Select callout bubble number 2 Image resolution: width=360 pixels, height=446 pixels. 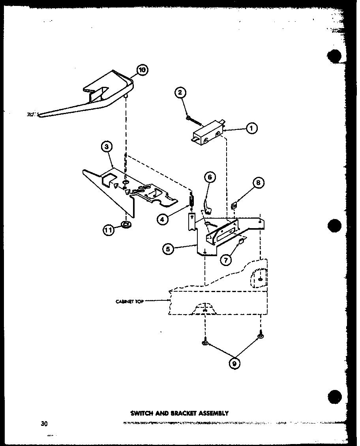click(180, 93)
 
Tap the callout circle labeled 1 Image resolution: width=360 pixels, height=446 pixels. click(251, 127)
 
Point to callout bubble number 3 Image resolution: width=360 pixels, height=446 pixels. click(106, 147)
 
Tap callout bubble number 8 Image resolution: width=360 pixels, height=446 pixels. click(258, 183)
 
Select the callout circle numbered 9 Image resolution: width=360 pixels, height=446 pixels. click(234, 364)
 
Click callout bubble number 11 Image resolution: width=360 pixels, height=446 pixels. click(109, 230)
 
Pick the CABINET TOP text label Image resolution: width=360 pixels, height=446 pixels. click(129, 301)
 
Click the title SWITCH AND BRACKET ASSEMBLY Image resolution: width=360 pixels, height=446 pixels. click(180, 413)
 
